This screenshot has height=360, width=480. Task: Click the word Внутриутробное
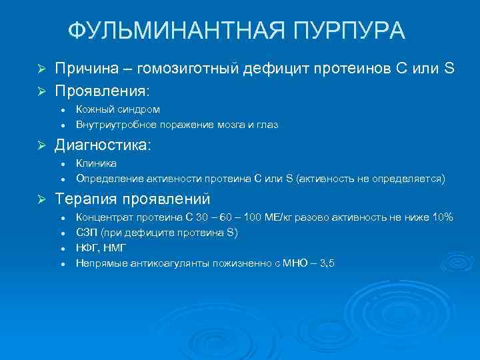point(117,124)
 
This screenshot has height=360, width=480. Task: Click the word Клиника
point(97,163)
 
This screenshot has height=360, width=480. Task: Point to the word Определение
point(108,179)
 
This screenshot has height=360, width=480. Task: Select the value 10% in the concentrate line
point(441,217)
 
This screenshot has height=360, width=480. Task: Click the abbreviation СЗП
point(87,233)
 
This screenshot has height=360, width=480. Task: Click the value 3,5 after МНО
point(327,263)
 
